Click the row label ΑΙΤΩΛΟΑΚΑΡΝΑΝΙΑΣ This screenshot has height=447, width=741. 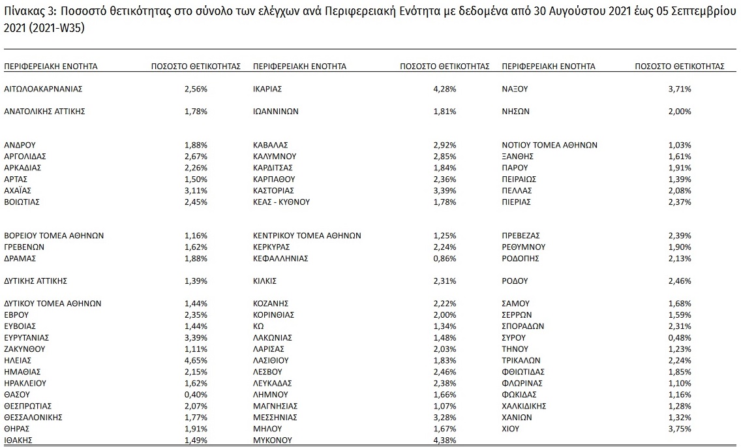point(43,88)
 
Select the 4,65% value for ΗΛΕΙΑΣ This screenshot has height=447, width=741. point(196,360)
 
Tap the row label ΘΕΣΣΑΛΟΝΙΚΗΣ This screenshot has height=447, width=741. point(34,417)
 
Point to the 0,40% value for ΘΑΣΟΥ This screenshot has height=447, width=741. point(196,394)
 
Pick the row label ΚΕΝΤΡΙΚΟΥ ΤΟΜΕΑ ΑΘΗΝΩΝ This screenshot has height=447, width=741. point(307,236)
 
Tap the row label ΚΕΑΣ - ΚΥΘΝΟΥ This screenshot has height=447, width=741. point(281,202)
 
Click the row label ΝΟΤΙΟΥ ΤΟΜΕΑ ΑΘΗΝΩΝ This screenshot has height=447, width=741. point(549,145)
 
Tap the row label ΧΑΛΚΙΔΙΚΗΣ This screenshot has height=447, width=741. point(524,406)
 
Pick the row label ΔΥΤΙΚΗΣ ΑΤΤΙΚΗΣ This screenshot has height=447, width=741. point(36,281)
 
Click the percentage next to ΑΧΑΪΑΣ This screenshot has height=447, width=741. point(196,191)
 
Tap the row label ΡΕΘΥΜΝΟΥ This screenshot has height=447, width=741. point(523,247)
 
